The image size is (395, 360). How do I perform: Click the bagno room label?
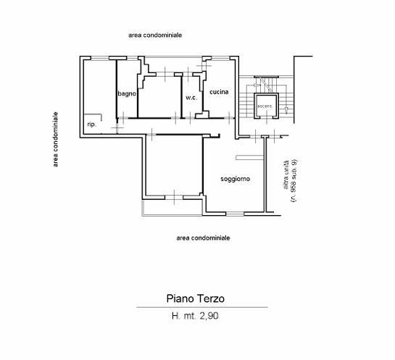127,94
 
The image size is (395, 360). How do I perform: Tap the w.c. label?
191,98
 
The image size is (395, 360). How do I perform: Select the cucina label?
219,92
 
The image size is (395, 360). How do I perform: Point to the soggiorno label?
235,179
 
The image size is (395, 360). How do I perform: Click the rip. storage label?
92,125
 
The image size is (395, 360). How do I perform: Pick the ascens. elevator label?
265,106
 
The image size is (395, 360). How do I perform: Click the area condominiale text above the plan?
155,35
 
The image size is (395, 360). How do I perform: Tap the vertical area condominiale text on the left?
55,139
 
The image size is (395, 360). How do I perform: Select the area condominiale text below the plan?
203,238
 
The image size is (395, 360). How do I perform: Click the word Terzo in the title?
210,298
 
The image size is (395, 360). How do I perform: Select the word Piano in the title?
180,298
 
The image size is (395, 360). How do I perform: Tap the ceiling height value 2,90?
209,316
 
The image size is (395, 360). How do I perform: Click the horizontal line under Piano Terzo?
202,307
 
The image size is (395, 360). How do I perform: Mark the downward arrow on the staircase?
286,110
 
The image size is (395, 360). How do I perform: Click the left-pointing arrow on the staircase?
257,85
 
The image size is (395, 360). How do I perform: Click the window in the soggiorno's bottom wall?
235,214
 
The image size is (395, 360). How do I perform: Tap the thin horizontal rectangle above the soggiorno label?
249,158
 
